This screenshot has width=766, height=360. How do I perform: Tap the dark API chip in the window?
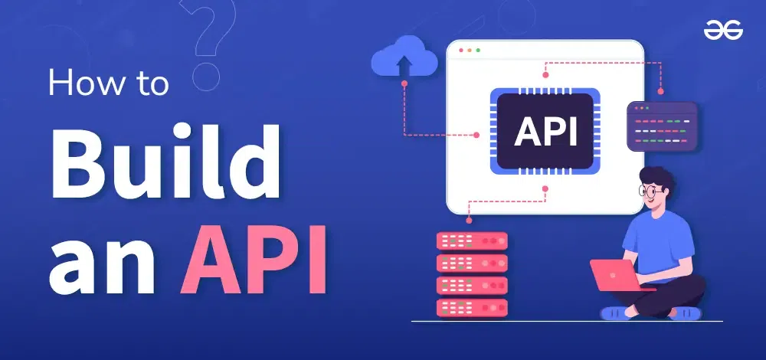[x=545, y=131]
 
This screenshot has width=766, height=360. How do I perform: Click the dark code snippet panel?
[x=662, y=126]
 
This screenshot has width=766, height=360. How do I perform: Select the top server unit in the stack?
[x=471, y=241]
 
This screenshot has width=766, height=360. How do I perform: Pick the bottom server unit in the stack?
[x=471, y=307]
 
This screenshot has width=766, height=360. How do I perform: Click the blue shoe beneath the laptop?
[x=617, y=312]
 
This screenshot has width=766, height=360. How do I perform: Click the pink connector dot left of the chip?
[x=476, y=135]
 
